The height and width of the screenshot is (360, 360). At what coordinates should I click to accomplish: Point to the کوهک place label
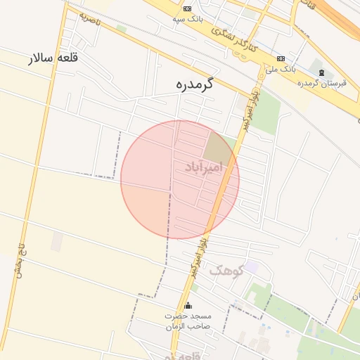(226, 269)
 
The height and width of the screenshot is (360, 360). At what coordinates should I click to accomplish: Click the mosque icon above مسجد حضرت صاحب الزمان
(188, 306)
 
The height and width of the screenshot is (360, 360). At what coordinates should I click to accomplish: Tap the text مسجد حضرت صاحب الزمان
(187, 322)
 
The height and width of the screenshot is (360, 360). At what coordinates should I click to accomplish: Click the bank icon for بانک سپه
(186, 8)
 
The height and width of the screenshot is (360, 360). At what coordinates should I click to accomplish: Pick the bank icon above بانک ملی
(281, 58)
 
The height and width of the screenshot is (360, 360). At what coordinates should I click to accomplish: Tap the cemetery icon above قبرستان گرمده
(321, 73)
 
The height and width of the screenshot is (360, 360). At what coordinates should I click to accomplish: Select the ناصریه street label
(90, 18)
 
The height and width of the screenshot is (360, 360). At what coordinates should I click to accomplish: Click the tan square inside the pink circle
(217, 146)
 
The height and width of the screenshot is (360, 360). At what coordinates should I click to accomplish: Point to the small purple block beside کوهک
(251, 267)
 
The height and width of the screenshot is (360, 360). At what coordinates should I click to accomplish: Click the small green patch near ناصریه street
(122, 29)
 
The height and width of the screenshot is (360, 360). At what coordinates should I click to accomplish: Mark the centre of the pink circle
(180, 179)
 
